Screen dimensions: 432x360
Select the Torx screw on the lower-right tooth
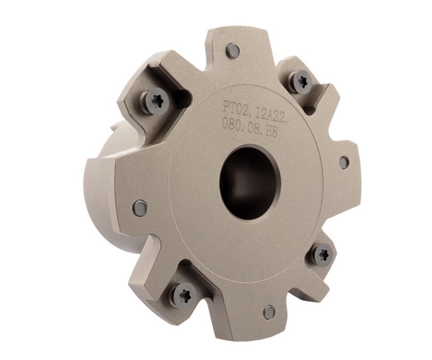coord(323,255)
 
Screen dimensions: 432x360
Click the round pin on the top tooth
coord(233,50)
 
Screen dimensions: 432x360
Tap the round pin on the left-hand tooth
coord(140,207)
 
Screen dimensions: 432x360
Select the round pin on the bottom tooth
coord(269,313)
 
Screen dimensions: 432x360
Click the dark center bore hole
coord(250,178)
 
